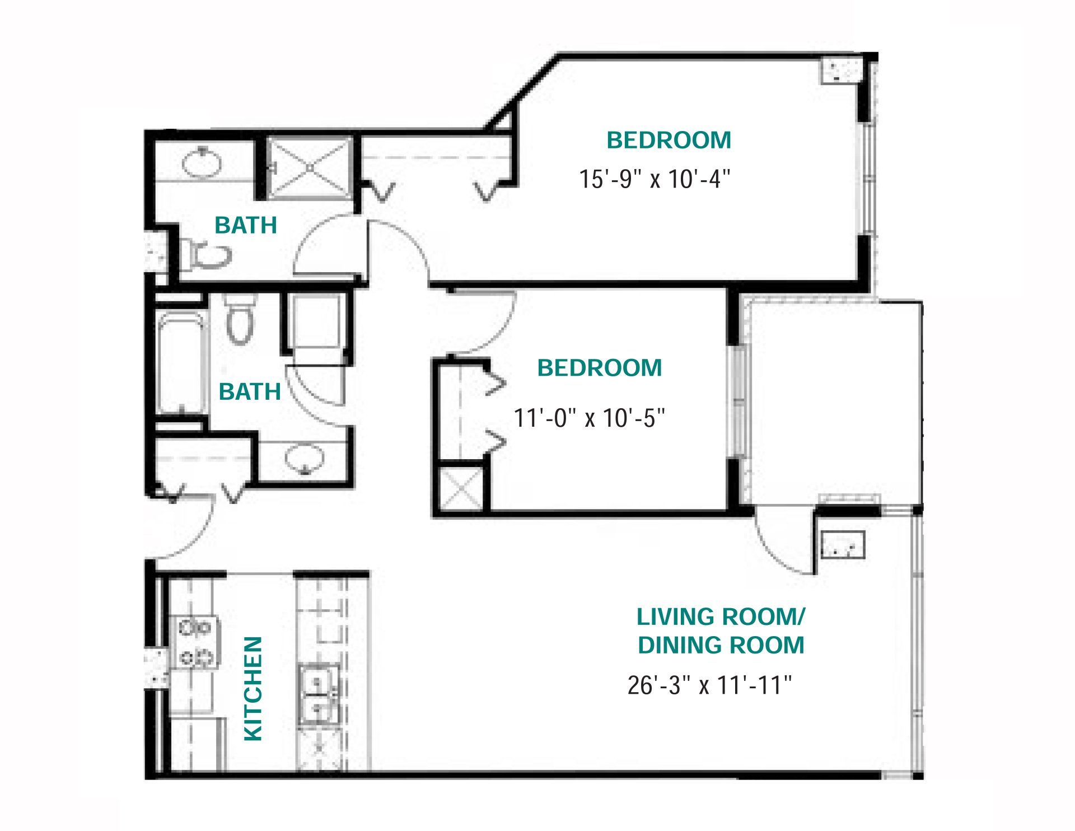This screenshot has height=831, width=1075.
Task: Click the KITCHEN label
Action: (254, 688)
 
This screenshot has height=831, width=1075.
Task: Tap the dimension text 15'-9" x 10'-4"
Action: (655, 179)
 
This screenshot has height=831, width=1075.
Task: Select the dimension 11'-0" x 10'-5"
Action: (589, 418)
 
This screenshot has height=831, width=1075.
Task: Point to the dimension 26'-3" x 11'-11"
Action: (709, 685)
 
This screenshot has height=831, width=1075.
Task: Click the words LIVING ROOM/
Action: (721, 617)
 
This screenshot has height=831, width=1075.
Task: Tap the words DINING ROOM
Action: (721, 645)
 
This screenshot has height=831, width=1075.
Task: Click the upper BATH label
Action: (246, 225)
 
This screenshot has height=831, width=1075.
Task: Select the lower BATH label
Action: (250, 392)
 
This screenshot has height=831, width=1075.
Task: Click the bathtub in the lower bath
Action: (179, 364)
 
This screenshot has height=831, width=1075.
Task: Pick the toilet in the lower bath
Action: (240, 319)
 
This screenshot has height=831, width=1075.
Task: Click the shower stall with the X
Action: (310, 167)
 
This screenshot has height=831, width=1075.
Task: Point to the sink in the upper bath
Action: (202, 161)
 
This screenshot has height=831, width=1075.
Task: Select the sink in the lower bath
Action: (304, 459)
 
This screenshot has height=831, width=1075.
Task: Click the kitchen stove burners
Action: (197, 642)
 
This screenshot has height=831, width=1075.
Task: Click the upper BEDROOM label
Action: (669, 140)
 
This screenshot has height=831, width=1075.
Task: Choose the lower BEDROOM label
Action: (600, 368)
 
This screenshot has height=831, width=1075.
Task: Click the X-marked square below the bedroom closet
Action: (461, 488)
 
